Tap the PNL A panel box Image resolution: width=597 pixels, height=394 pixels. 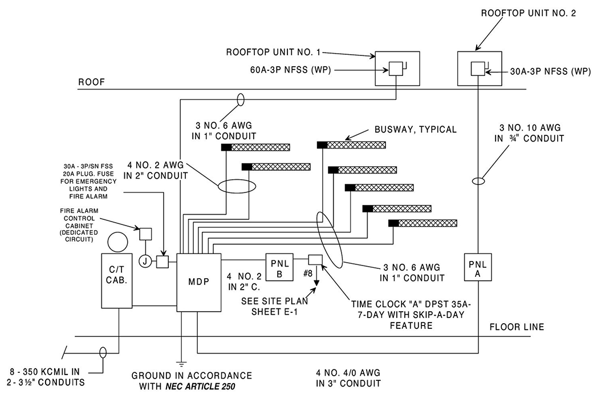click(x=477, y=266)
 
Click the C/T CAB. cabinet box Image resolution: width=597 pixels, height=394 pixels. click(x=118, y=280)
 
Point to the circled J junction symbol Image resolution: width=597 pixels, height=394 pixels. click(x=145, y=262)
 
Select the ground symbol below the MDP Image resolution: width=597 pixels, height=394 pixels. click(x=181, y=362)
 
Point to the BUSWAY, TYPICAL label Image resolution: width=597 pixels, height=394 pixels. click(x=416, y=130)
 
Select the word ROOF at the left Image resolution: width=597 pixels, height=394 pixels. click(x=92, y=82)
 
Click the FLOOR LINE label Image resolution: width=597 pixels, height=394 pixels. click(x=516, y=327)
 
